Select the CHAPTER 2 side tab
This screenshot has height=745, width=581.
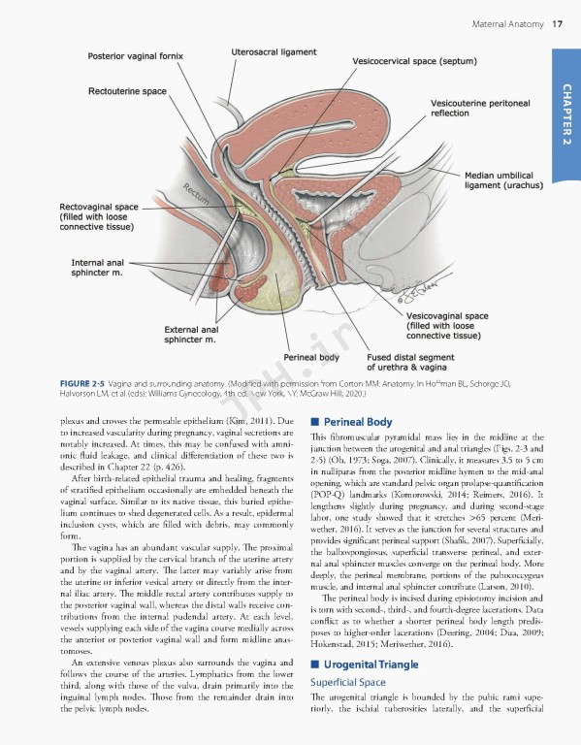coord(565,115)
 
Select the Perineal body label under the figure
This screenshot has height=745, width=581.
coord(310,357)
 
